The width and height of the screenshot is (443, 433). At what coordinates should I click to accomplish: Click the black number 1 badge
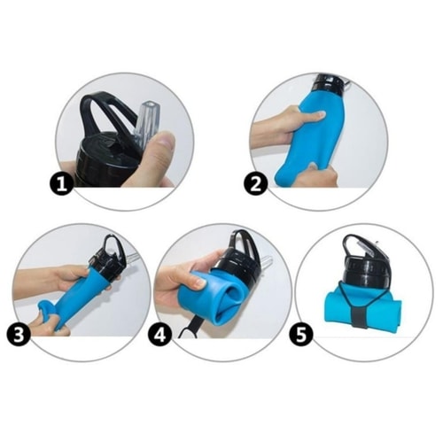(x=61, y=184)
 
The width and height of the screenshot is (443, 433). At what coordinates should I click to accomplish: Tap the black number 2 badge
(x=255, y=183)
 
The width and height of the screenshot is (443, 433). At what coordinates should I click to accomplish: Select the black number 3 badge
(x=19, y=335)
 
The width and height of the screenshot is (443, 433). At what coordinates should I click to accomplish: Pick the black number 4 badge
(x=159, y=335)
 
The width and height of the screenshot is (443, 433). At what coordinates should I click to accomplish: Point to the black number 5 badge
(x=301, y=335)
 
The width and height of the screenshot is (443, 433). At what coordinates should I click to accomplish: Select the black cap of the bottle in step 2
(x=330, y=83)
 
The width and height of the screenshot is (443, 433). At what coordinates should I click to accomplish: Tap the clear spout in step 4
(x=266, y=262)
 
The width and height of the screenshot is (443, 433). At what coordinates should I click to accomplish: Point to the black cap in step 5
(x=366, y=259)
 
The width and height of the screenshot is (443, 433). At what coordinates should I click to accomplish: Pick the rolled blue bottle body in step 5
(x=363, y=308)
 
